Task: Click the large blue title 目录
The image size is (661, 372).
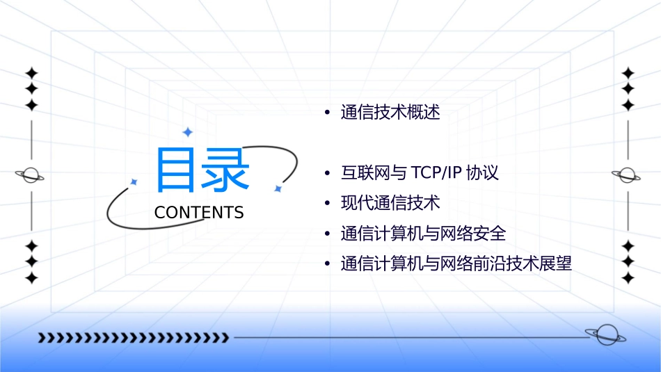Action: click(x=202, y=170)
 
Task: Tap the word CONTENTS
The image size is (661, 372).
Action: click(x=199, y=213)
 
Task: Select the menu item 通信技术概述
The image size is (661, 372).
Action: click(x=390, y=113)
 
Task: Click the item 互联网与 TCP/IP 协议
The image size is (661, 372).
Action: click(x=420, y=172)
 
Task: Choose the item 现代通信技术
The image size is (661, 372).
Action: click(x=390, y=203)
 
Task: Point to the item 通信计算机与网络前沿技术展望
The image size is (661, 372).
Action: click(x=456, y=264)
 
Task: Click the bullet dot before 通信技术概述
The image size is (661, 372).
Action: click(x=326, y=113)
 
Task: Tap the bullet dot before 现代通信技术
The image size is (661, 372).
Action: click(x=326, y=204)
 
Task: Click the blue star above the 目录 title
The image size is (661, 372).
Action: click(x=187, y=132)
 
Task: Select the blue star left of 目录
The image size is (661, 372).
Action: click(x=134, y=181)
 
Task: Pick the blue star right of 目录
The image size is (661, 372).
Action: click(x=277, y=188)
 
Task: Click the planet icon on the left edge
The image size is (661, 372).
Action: click(x=31, y=175)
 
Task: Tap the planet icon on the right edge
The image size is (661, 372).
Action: click(x=627, y=175)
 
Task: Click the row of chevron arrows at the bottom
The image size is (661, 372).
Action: click(x=133, y=339)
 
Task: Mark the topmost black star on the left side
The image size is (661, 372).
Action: click(x=31, y=73)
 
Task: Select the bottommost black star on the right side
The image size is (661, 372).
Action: click(x=628, y=277)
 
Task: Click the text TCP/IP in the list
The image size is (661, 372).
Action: click(x=436, y=172)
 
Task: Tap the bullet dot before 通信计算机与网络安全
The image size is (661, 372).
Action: click(x=326, y=234)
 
